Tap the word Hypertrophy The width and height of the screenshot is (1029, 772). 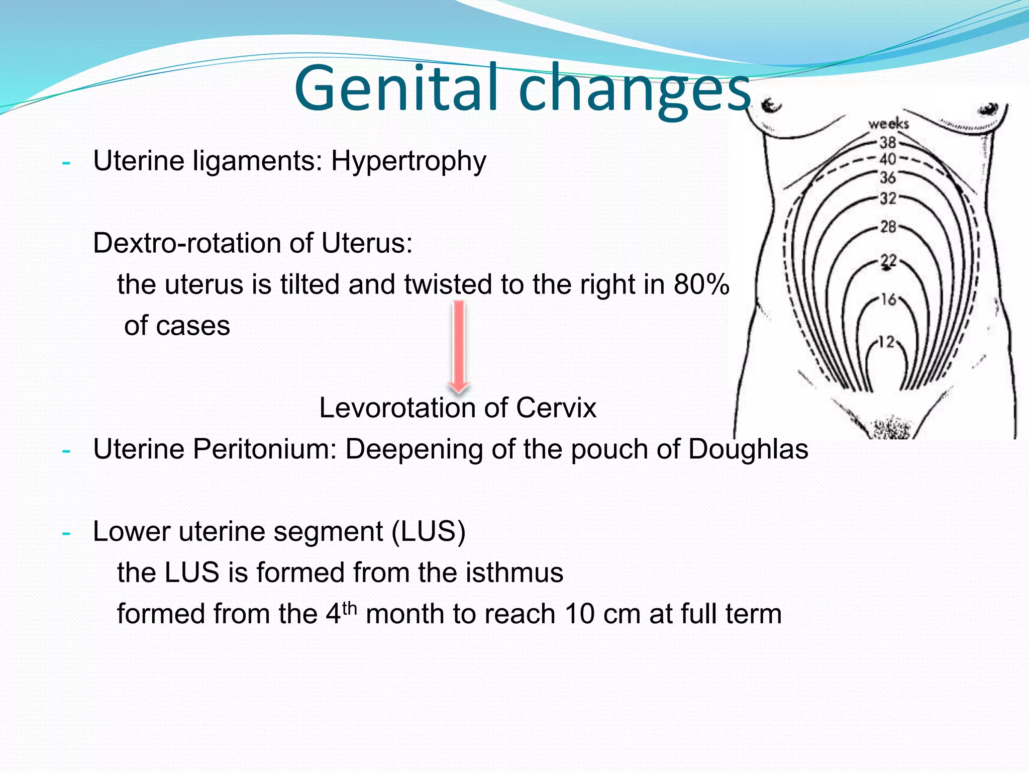[x=408, y=162]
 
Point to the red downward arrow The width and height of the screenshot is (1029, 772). [x=458, y=347]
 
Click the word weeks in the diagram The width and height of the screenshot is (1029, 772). [x=888, y=123]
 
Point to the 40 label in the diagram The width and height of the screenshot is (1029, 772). [x=888, y=159]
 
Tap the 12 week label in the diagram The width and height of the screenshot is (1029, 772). [x=887, y=342]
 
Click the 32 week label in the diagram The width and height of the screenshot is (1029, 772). [x=888, y=198]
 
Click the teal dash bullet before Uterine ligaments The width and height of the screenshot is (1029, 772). [x=66, y=163]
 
